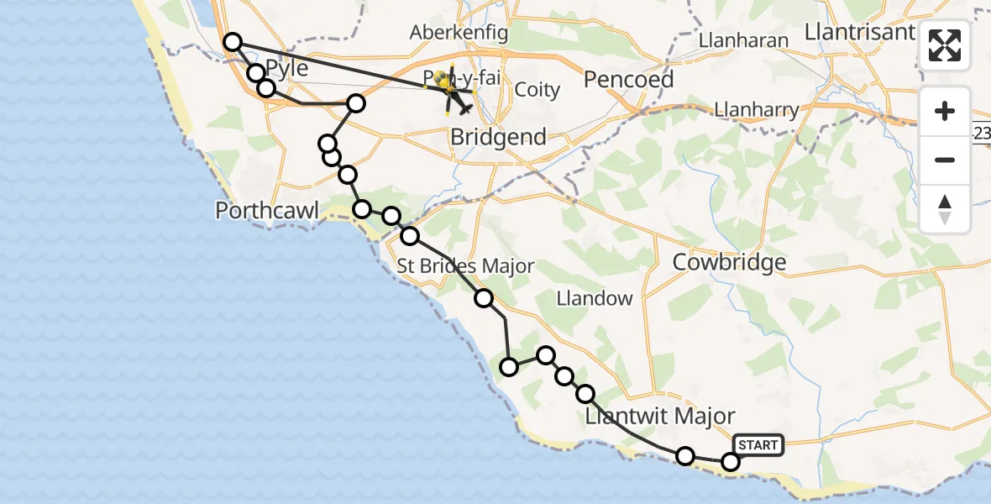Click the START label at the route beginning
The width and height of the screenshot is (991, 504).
[x=758, y=444]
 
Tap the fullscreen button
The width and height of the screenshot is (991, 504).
[x=945, y=45]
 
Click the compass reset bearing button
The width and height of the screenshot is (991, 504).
[x=945, y=208]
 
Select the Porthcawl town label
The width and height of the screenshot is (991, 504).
[x=267, y=210]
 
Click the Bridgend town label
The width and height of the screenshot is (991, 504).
[x=498, y=136]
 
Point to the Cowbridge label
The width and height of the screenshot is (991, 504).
[x=729, y=262]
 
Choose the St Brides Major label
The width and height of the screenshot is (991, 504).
[x=465, y=266]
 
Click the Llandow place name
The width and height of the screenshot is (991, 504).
[x=595, y=298]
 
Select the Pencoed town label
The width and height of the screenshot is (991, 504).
[x=628, y=79]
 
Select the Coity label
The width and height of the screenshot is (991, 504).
[x=537, y=89]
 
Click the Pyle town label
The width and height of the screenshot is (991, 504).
[x=287, y=67]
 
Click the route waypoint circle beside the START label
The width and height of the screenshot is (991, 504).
[x=731, y=461]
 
